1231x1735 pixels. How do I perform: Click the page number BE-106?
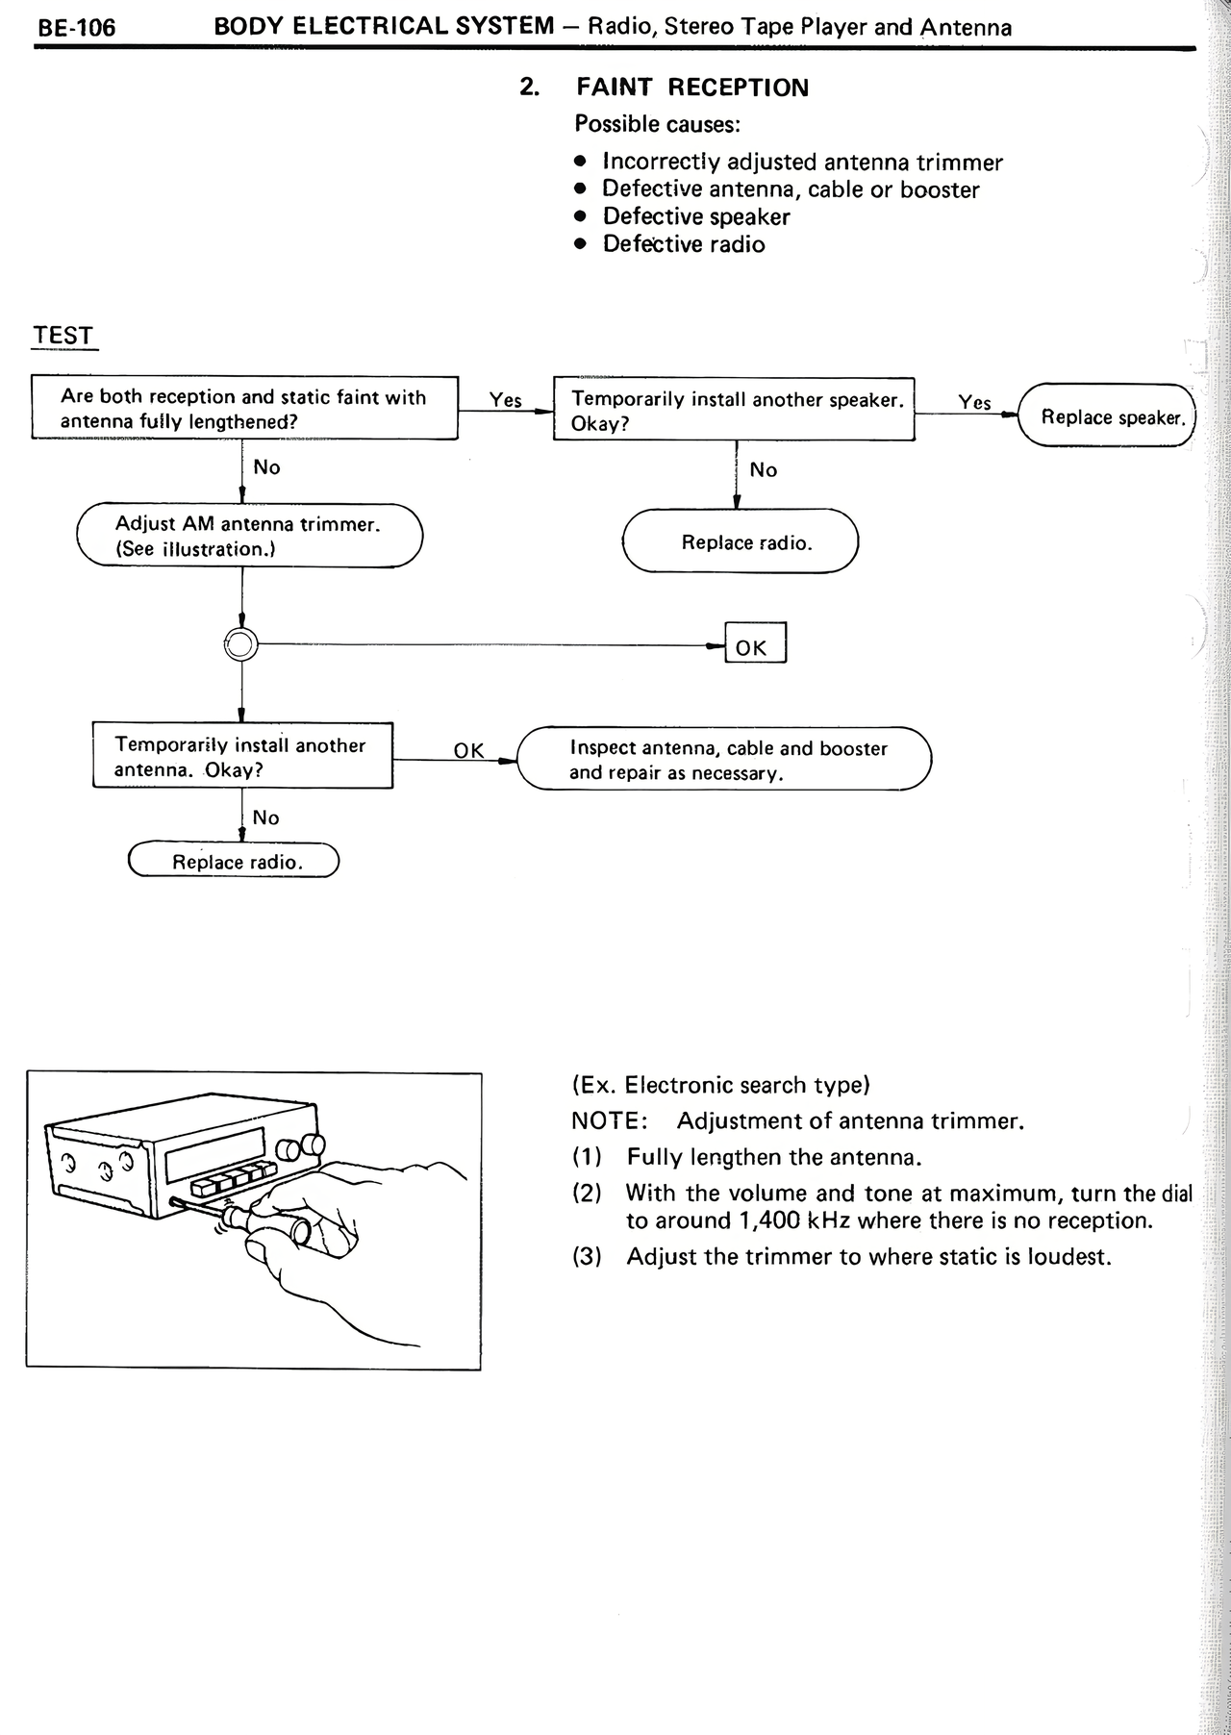tap(76, 28)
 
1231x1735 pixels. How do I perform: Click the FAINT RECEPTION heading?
tap(691, 88)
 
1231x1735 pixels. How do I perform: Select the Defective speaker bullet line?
tap(695, 217)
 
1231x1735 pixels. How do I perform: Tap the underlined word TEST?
tap(63, 336)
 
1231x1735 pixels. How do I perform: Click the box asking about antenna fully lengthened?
tap(244, 409)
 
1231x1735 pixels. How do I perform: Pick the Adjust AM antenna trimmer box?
tap(249, 536)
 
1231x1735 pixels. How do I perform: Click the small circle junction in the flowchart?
tap(240, 644)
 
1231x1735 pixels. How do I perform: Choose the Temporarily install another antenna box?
tap(242, 757)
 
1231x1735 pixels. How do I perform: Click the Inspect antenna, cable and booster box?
tap(724, 760)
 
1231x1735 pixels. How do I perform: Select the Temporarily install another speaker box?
tap(734, 411)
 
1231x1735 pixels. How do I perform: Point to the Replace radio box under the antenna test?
tap(234, 862)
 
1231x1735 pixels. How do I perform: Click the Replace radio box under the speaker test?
tap(741, 542)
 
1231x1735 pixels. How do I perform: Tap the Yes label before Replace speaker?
tap(974, 403)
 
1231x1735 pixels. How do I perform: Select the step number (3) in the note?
tap(587, 1257)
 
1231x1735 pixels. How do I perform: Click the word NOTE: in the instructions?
tap(609, 1121)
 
